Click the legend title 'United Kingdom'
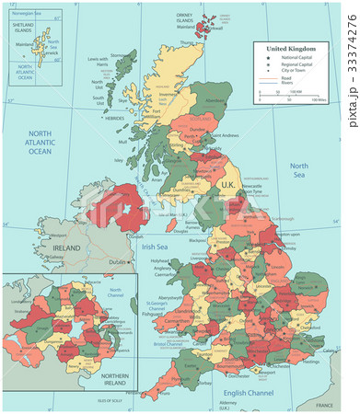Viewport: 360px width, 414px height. click(x=290, y=47)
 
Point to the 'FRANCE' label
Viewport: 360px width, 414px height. click(x=323, y=404)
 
